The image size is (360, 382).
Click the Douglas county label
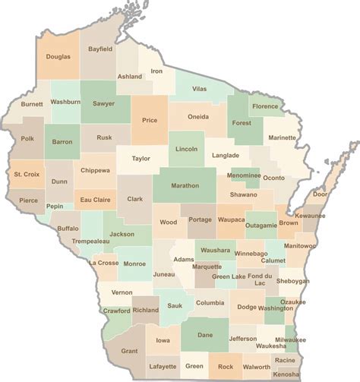tap(58, 57)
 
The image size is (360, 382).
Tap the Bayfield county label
tap(99, 49)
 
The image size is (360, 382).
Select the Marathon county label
tap(185, 185)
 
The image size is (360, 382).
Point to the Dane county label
tap(204, 335)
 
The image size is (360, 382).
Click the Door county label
tap(321, 194)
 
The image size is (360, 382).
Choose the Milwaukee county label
tap(290, 339)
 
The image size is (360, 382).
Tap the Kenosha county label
tap(286, 374)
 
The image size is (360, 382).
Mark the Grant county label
tap(129, 351)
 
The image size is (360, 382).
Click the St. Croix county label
tap(27, 175)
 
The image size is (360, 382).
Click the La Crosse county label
tap(103, 263)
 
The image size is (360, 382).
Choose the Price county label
tap(149, 120)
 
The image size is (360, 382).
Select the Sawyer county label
tap(103, 104)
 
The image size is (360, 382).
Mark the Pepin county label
tap(54, 205)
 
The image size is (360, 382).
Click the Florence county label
tap(265, 106)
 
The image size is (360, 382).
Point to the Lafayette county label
tap(163, 366)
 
